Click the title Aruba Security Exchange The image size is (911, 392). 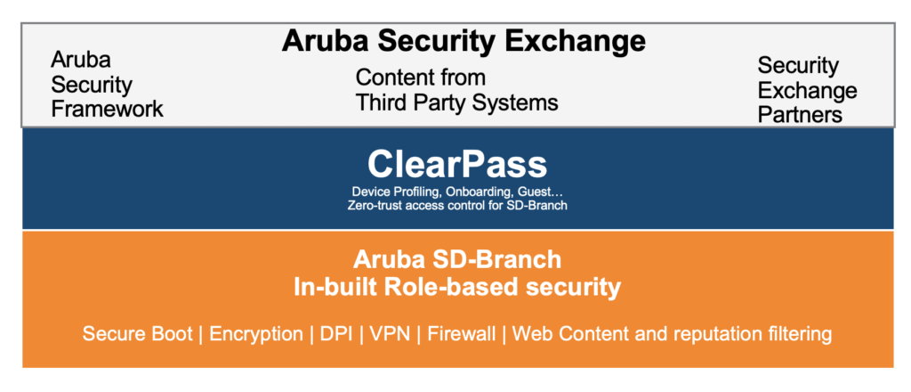pos(464,41)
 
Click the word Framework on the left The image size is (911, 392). pos(107,110)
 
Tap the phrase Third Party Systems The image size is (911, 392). pos(456,102)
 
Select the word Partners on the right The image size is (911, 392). pos(800,115)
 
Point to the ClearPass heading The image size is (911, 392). pos(457,164)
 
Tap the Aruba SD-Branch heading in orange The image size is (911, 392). pos(457,259)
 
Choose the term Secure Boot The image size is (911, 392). pos(137,334)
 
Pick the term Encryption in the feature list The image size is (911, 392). pos(256,334)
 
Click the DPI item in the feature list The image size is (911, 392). pos(336,334)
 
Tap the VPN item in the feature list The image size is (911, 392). pos(390,334)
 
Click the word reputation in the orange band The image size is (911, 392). pos(722,334)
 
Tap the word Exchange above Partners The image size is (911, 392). pos(807,90)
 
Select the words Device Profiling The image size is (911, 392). pos(391,192)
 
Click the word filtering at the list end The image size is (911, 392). pos(803,334)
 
